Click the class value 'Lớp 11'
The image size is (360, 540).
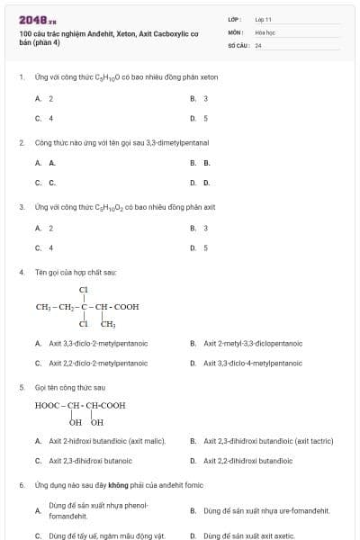tap(263, 18)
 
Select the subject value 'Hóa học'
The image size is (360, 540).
tap(265, 31)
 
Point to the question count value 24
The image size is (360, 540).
tap(258, 44)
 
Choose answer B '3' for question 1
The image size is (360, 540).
tap(206, 98)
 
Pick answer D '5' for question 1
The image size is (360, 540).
tap(206, 118)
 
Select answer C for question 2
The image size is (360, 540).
tap(50, 183)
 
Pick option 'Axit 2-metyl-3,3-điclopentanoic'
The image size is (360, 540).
tap(253, 343)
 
